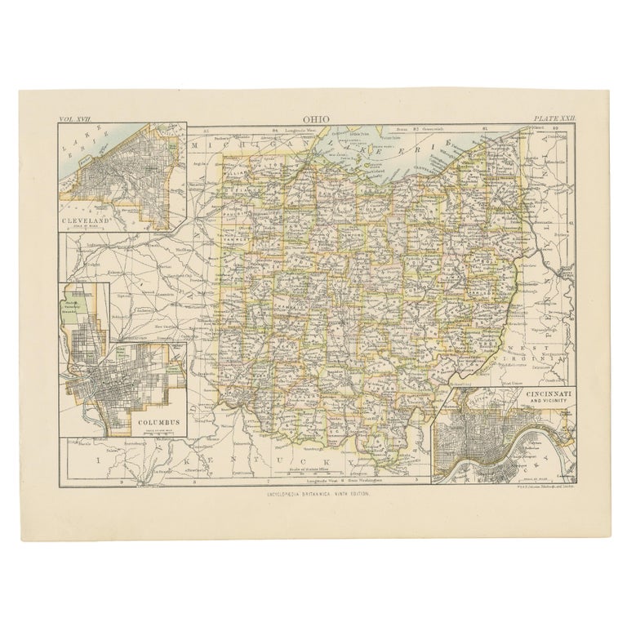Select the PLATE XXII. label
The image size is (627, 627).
(555, 119)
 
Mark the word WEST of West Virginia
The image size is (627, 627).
(555, 346)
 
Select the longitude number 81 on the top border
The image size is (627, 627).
(485, 128)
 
